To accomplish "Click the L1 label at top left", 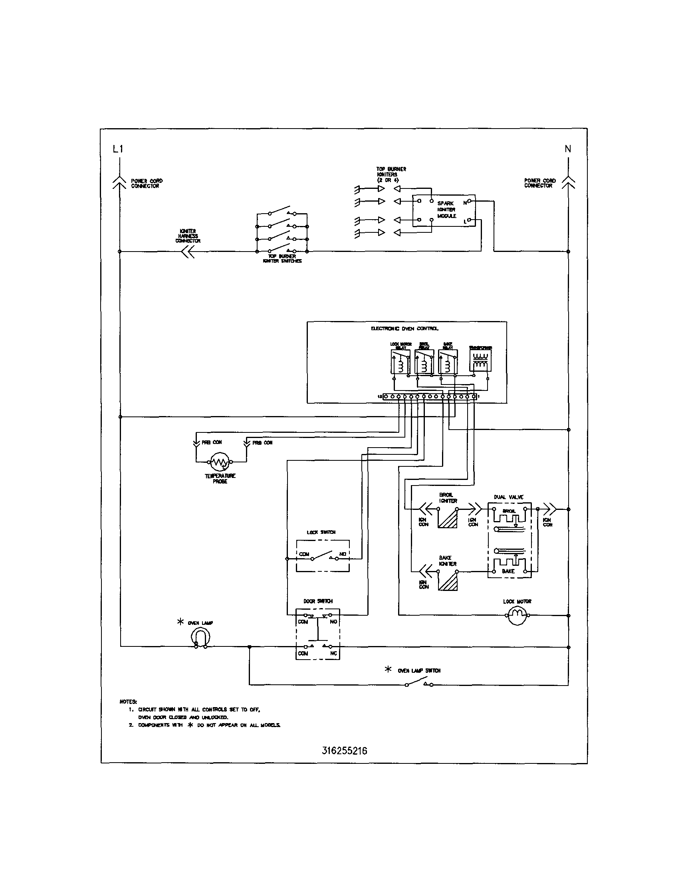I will tap(118, 149).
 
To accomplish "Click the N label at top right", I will tap(568, 149).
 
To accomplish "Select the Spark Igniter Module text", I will tap(446, 210).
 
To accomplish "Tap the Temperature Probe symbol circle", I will tap(220, 462).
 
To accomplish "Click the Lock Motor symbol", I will tap(517, 615).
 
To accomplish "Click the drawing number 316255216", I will tap(345, 751).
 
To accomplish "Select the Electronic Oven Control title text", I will tap(404, 329).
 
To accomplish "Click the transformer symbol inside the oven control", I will tap(480, 361).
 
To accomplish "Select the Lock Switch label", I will tap(321, 532).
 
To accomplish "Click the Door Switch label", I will tap(318, 601).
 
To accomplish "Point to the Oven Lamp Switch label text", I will tap(419, 671).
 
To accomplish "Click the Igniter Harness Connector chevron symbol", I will tap(188, 252).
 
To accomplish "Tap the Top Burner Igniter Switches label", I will tap(282, 259).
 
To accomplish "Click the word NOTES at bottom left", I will tap(128, 702).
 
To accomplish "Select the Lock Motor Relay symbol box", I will tap(400, 361).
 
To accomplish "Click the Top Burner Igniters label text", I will tap(391, 174).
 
